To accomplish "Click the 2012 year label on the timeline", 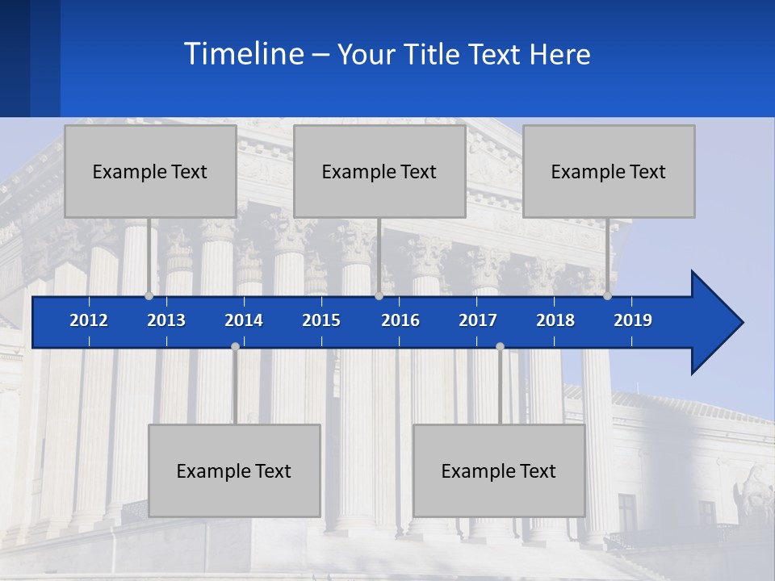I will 89,320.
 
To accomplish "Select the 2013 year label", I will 166,320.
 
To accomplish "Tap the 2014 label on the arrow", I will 244,320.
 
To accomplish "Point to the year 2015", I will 321,320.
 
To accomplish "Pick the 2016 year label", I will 400,320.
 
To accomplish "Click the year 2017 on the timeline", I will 478,320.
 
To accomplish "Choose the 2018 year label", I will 555,320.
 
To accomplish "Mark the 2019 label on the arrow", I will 633,320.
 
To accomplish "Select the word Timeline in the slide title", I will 243,54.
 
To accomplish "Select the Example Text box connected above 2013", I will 150,171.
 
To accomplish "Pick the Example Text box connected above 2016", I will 379,171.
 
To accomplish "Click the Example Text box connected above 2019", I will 609,171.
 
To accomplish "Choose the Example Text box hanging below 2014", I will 234,470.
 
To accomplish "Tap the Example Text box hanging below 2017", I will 499,470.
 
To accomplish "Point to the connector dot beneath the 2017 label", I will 500,347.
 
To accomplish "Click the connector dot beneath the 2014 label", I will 235,347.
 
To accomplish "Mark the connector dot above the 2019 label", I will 607,295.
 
